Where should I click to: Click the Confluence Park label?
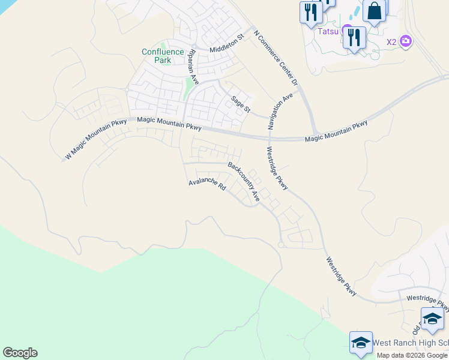163,56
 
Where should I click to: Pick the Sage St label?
241,103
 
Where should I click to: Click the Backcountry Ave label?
244,180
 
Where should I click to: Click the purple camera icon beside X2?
406,41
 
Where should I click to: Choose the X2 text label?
391,42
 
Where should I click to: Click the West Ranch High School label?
411,343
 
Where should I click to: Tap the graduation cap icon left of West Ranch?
361,343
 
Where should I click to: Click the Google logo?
20,353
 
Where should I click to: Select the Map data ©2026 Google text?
412,355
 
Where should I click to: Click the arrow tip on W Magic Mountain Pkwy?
63,160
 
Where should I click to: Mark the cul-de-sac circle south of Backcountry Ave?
281,244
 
